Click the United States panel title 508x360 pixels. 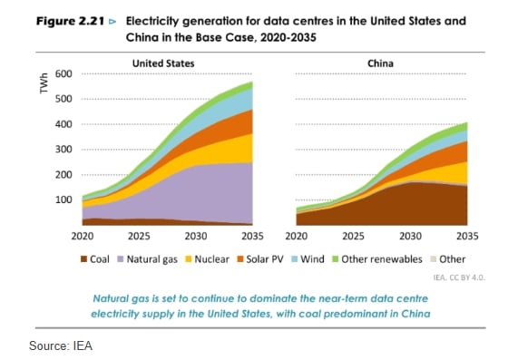(163, 63)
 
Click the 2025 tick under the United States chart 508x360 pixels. (138, 236)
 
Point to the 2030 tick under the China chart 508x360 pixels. (410, 236)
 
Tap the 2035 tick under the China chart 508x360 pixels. (466, 236)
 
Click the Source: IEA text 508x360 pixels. (61, 345)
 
